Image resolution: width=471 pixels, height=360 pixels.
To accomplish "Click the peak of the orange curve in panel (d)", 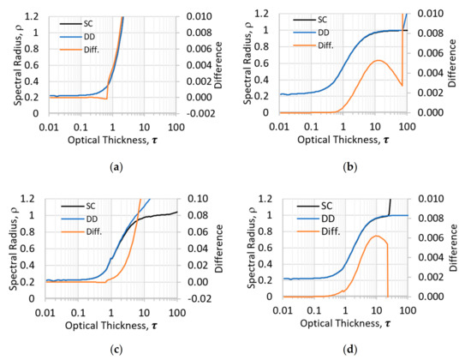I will (373, 236).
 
